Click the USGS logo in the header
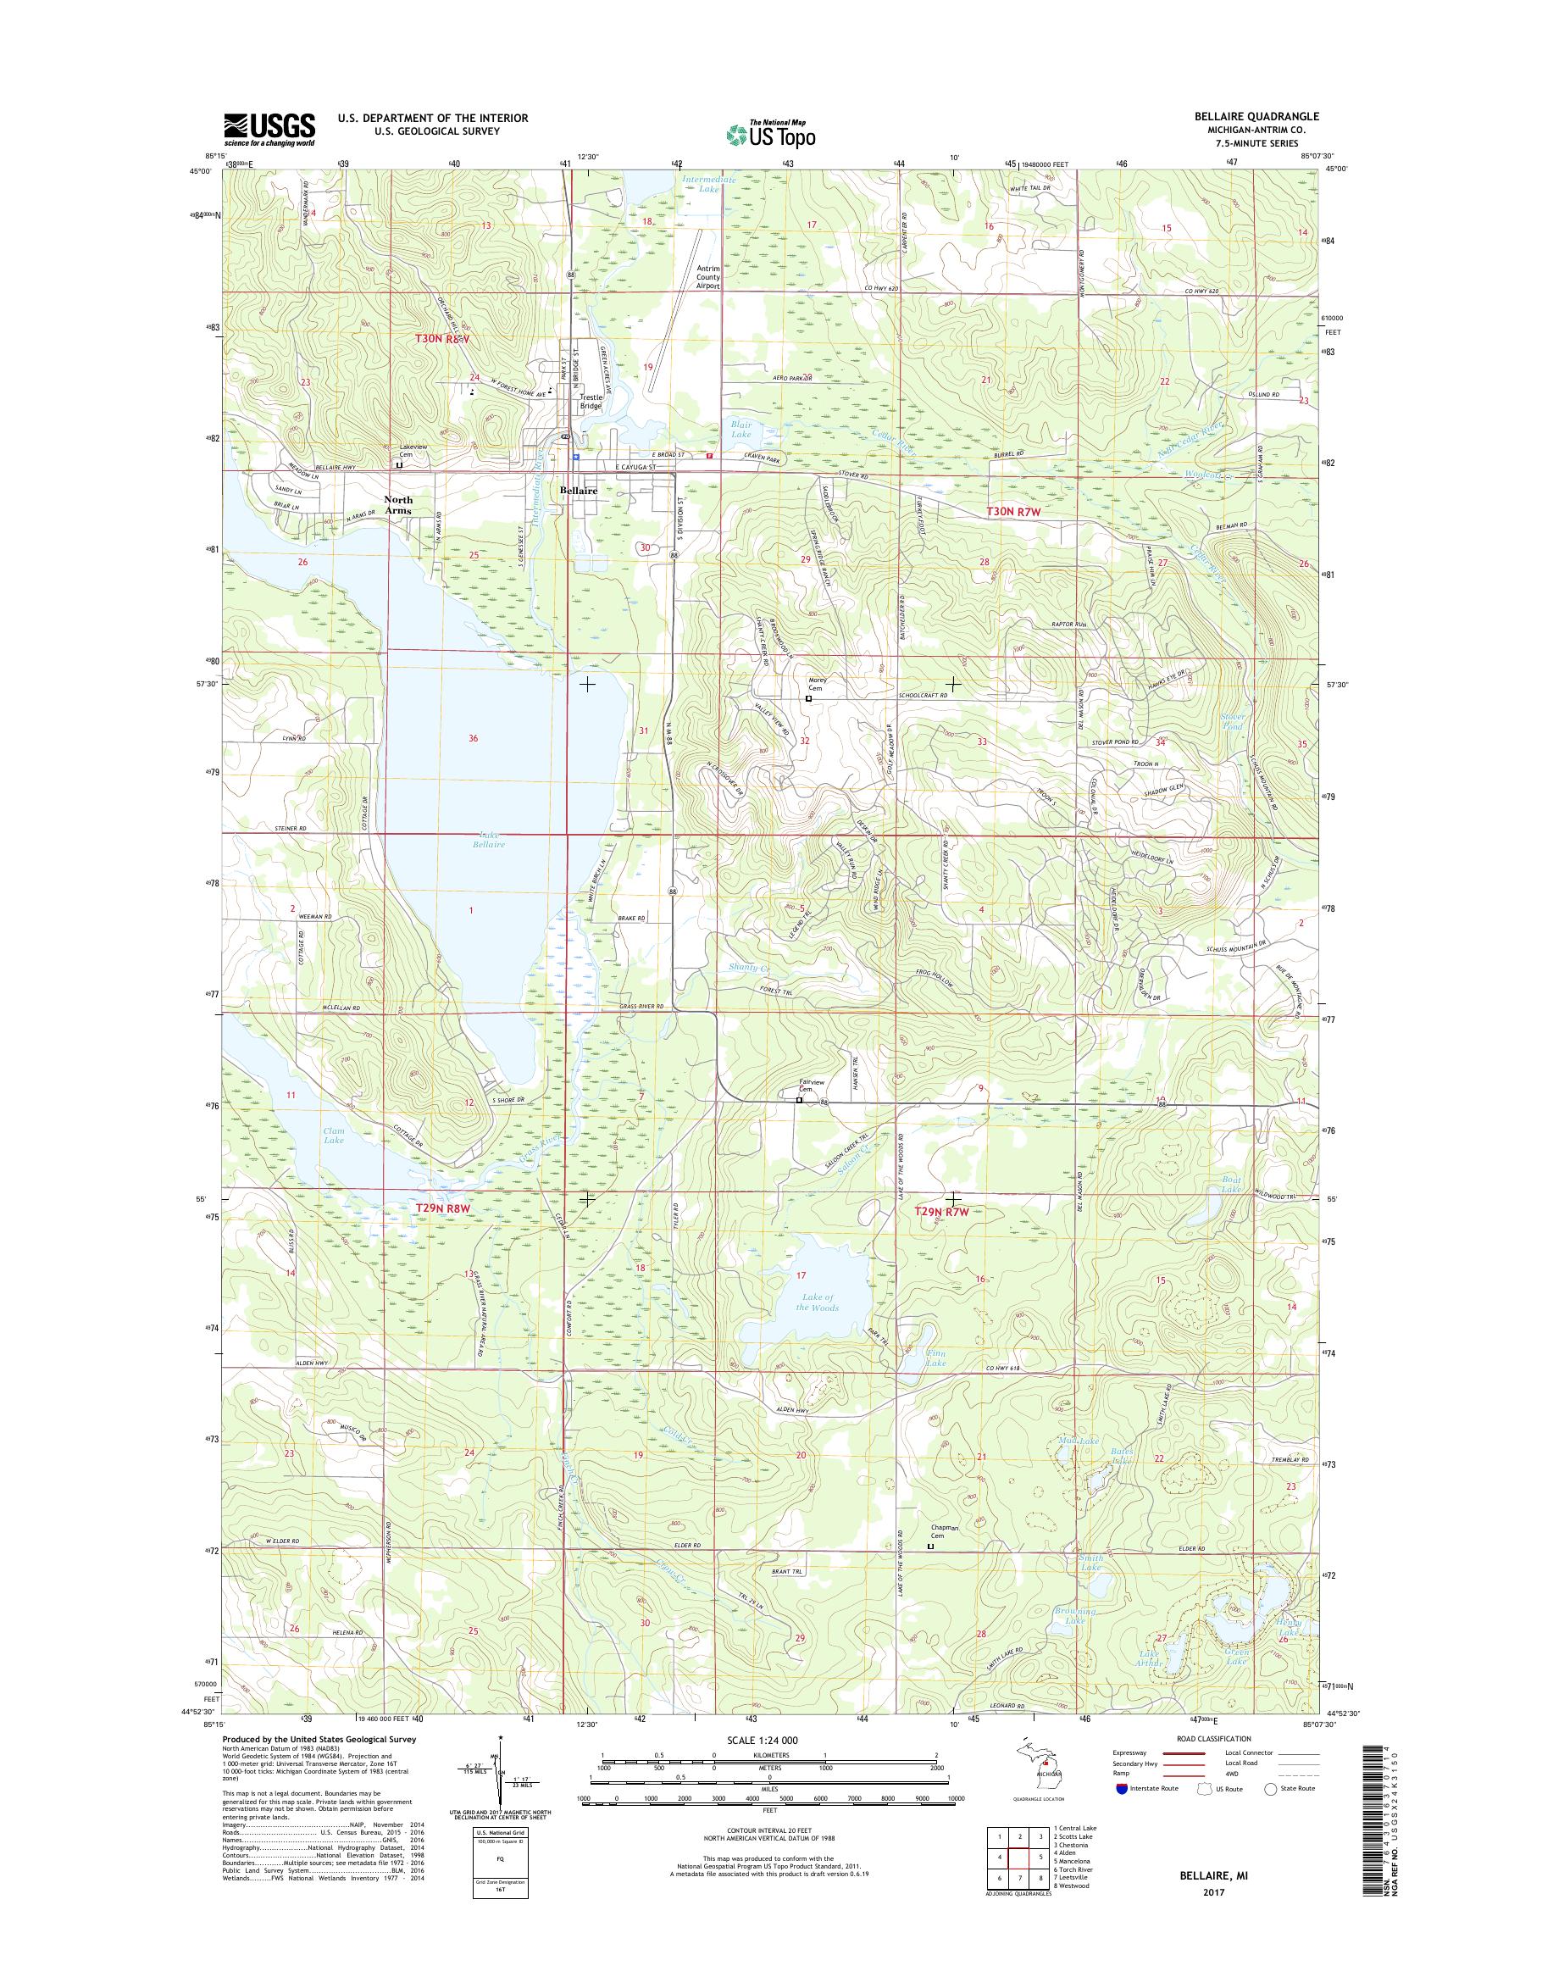pyautogui.click(x=269, y=129)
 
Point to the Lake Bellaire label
pyautogui.click(x=486, y=840)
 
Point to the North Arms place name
pyautogui.click(x=398, y=505)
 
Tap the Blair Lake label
pyautogui.click(x=740, y=429)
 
